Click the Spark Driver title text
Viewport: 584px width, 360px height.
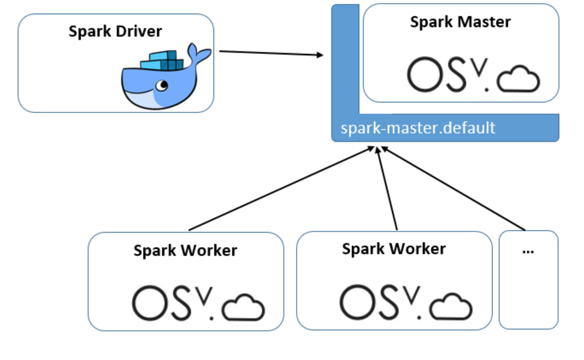[x=115, y=32]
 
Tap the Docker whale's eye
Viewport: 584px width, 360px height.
[x=162, y=86]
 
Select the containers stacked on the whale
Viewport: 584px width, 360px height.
[x=163, y=61]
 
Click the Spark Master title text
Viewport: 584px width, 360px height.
[x=460, y=22]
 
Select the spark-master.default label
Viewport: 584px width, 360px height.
[x=418, y=128]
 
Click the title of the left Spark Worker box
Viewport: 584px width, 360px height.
[x=185, y=251]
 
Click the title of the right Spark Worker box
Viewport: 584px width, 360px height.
[x=394, y=249]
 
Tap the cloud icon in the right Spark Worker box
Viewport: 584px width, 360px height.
[x=451, y=307]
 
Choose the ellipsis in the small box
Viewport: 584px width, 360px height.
[x=528, y=252]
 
